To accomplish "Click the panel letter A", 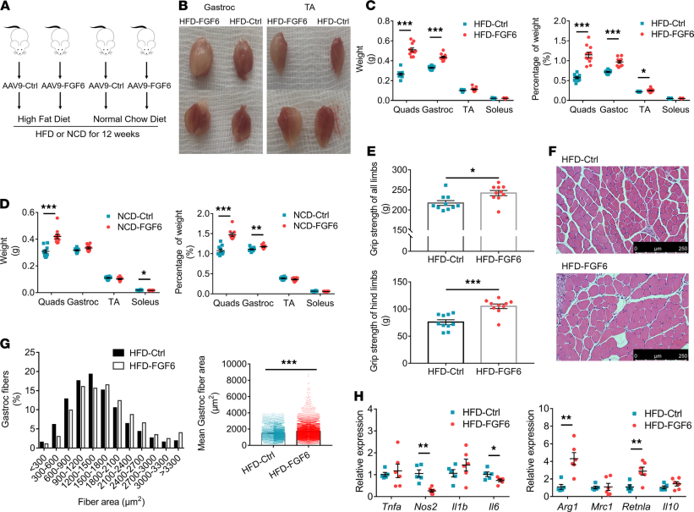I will coord(7,7).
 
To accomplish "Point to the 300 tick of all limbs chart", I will coord(407,170).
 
